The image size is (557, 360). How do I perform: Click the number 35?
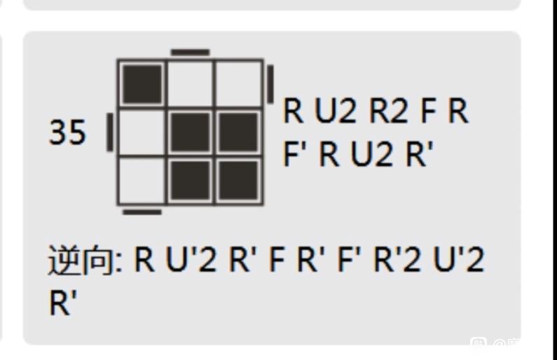67,132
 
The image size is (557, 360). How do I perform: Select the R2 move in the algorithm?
389,111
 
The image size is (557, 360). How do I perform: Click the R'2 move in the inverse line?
397,260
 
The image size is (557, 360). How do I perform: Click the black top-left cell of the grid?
142,84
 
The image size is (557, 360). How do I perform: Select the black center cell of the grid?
191,132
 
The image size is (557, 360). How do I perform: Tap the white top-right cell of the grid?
239,84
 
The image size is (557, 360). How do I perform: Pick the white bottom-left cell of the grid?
142,181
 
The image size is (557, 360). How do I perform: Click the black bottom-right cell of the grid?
239,181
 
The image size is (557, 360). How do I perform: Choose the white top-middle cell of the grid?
191,84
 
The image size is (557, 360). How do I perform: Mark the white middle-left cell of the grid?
142,132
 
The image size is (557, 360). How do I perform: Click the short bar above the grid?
191,53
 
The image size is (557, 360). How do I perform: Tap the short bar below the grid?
142,212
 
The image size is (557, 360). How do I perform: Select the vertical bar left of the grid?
110,132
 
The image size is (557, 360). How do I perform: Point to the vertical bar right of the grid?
270,84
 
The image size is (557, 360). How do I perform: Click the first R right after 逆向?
144,260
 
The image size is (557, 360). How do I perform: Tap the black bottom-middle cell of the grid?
191,181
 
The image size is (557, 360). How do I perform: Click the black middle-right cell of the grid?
239,132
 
